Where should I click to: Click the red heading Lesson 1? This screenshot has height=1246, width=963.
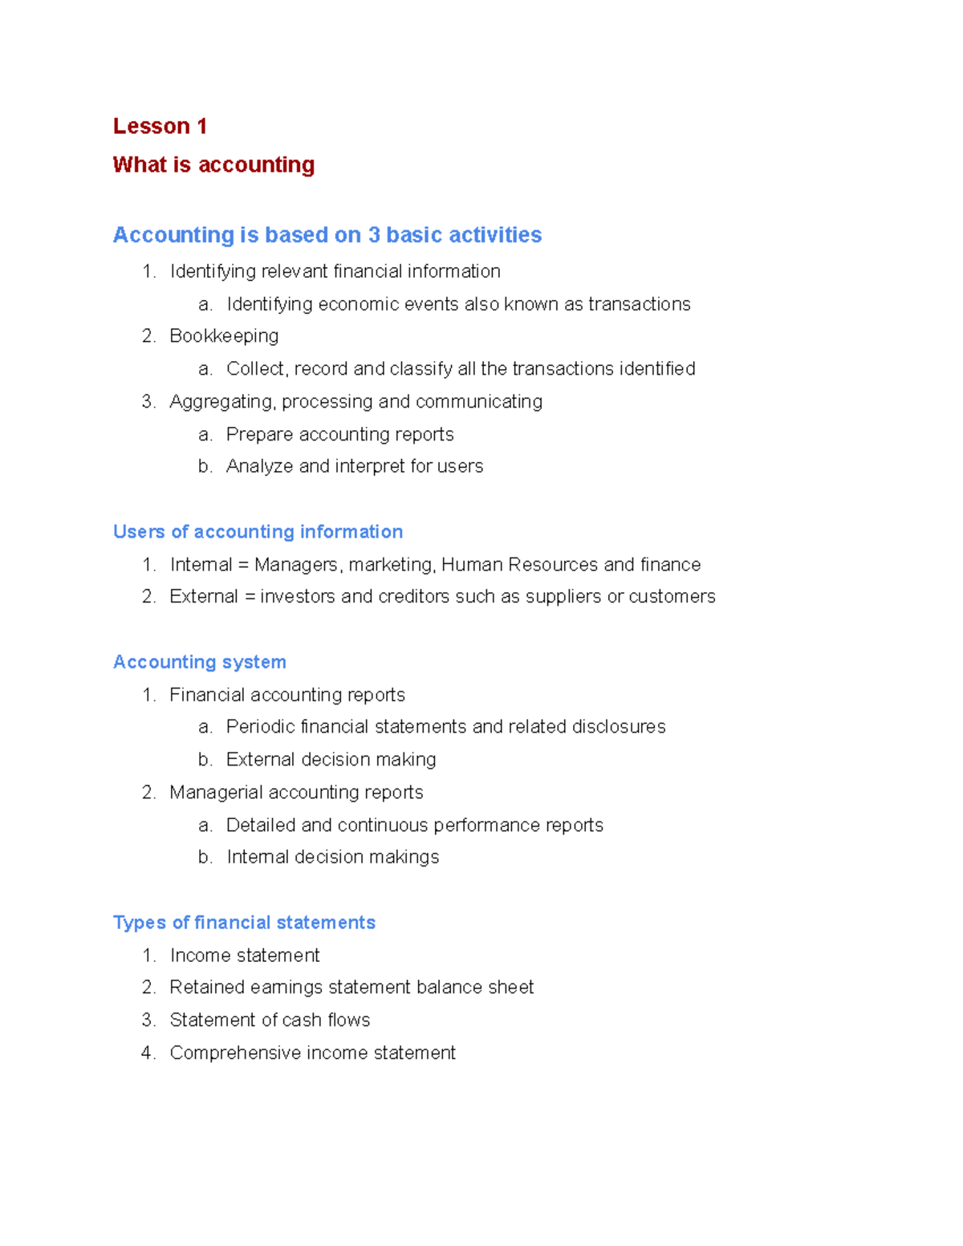click(x=160, y=126)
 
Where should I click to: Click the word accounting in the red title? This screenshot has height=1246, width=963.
click(x=256, y=165)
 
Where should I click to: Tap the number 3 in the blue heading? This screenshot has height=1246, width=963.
click(x=374, y=235)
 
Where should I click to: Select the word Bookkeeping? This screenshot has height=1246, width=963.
click(x=224, y=336)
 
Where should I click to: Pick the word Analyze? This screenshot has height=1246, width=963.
click(x=259, y=467)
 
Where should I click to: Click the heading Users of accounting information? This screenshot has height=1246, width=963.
click(x=258, y=532)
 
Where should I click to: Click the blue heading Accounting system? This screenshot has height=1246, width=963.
click(x=199, y=662)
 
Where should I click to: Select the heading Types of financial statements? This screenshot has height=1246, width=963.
click(x=244, y=923)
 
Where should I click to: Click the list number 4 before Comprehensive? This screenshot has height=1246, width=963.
click(x=148, y=1053)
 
